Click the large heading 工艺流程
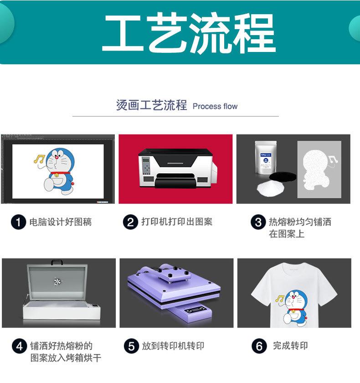(188, 33)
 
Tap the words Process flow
(215, 106)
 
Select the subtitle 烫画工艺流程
(151, 106)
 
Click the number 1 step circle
(18, 223)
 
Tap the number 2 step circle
(130, 223)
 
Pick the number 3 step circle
(258, 223)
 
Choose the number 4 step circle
(19, 347)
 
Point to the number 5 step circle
(131, 347)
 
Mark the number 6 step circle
(259, 347)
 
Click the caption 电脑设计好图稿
(61, 223)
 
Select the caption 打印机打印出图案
(177, 222)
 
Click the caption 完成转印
(290, 346)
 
